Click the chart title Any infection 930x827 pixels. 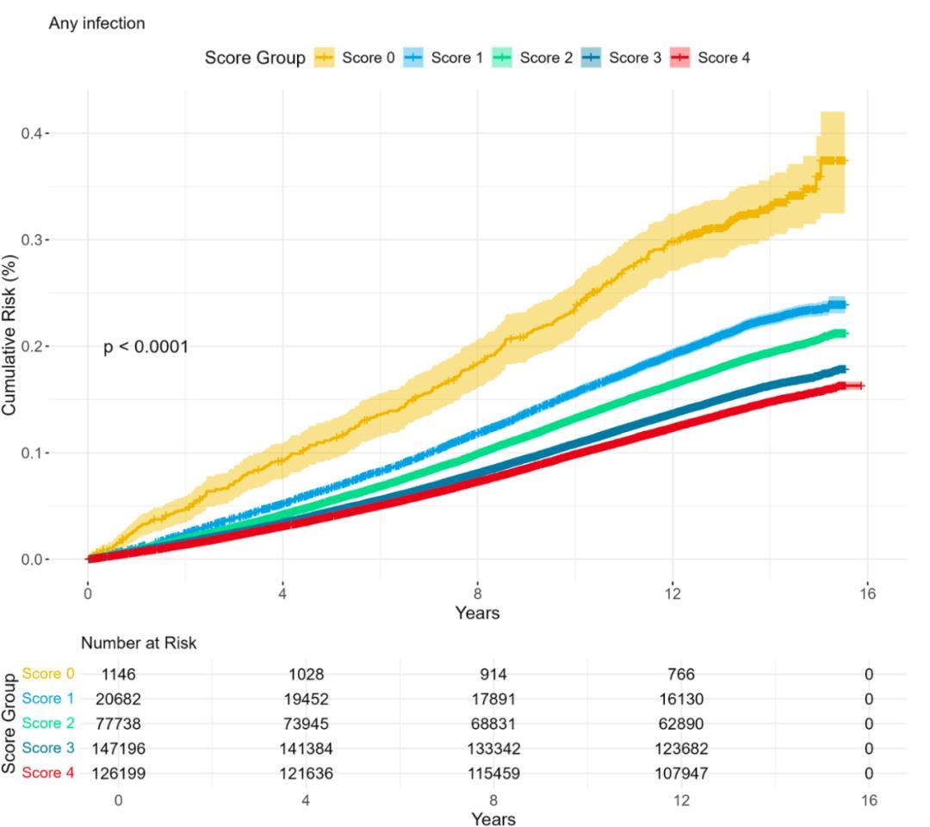[x=96, y=23]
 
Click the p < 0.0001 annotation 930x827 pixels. [x=146, y=348]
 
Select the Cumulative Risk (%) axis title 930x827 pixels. [x=10, y=336]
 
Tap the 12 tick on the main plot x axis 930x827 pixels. [x=672, y=596]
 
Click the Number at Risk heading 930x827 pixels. [x=139, y=644]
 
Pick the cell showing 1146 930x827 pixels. [x=118, y=675]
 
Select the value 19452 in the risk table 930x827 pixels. [x=307, y=700]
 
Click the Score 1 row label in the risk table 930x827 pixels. [x=48, y=699]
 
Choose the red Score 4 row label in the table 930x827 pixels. [x=48, y=774]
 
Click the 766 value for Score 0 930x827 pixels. [x=681, y=675]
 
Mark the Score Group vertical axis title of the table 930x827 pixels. [x=9, y=723]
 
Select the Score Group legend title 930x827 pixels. [x=254, y=58]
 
